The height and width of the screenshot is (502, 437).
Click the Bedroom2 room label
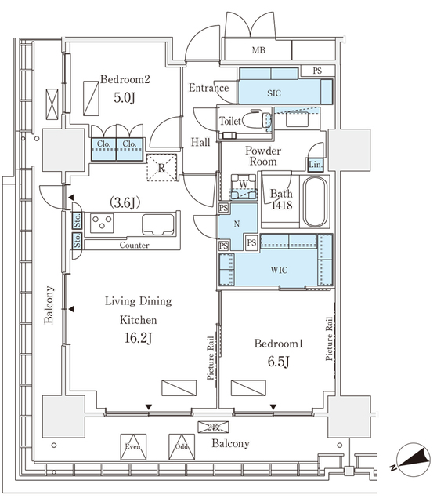coord(125,79)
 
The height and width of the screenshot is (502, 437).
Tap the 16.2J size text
coord(138,338)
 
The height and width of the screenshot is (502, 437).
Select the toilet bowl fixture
coord(257,120)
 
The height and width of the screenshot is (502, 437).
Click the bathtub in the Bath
coord(316,202)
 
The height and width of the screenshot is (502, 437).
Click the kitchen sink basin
coord(158,224)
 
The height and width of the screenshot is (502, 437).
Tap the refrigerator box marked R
coord(162,168)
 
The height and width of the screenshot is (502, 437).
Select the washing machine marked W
coord(244,187)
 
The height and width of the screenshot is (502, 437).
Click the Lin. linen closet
coord(316,165)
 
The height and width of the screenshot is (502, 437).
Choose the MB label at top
coord(258,50)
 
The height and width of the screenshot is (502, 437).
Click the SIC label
coord(274,93)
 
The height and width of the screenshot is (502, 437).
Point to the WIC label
coord(279,270)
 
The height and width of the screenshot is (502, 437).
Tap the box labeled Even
coord(133,446)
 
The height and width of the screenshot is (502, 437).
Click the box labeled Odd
coord(182,446)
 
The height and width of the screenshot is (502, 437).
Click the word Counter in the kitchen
coord(134,246)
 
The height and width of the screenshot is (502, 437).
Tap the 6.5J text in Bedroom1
coord(279,362)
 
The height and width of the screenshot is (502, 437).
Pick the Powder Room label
coord(263,156)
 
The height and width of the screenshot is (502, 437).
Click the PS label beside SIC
coord(317,71)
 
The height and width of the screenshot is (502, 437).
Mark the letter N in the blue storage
coord(237,224)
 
